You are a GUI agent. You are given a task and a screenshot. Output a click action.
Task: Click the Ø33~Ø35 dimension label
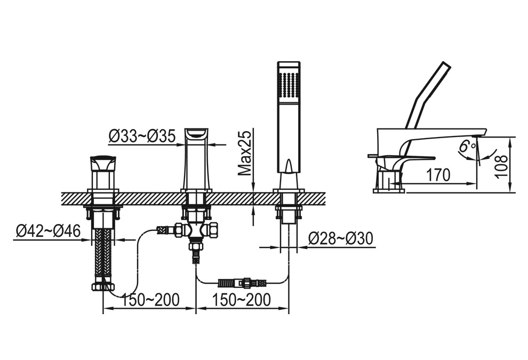click(142, 137)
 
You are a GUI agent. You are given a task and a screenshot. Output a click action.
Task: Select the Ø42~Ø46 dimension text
click(48, 231)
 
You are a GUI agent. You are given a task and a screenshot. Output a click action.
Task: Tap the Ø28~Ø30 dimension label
click(341, 239)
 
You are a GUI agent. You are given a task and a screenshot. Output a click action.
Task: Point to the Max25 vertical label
click(245, 153)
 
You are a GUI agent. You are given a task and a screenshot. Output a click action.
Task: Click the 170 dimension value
click(438, 175)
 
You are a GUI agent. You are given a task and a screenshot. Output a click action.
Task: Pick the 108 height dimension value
click(501, 166)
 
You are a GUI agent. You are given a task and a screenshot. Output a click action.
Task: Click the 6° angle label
click(468, 146)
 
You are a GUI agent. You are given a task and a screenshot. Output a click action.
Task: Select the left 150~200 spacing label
click(150, 300)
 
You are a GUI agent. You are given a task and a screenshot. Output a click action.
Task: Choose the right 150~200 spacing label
click(241, 300)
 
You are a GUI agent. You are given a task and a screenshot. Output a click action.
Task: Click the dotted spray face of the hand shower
click(289, 85)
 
